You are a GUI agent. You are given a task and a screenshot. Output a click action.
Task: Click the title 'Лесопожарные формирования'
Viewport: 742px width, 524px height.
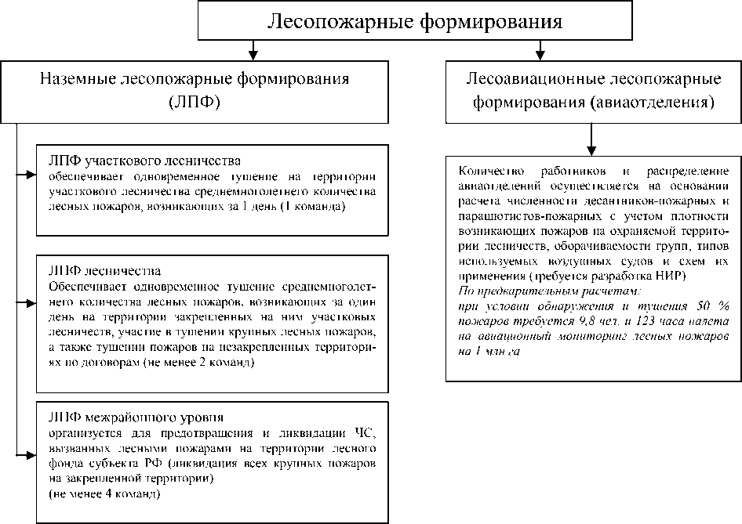(415, 20)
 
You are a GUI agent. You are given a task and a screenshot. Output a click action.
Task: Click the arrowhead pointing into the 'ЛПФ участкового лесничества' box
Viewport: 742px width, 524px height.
(31, 175)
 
